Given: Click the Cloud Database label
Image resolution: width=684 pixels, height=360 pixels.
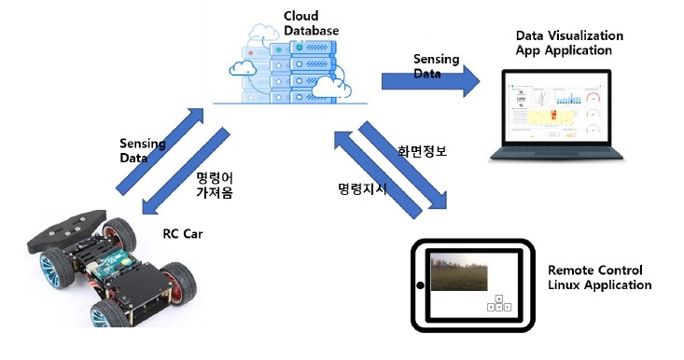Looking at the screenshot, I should coord(311,23).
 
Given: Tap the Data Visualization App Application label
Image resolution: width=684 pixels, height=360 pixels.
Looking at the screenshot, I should coord(569,43).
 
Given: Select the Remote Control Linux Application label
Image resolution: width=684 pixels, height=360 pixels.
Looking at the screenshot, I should coord(599,277).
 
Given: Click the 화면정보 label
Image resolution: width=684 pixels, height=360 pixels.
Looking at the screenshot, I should coord(422,151).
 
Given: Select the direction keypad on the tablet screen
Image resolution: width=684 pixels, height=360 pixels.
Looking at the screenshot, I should coord(497,303).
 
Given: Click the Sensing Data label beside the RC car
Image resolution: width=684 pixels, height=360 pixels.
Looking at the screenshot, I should coord(143,151).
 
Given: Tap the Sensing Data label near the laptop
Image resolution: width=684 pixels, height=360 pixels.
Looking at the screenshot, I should coord(437,66).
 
